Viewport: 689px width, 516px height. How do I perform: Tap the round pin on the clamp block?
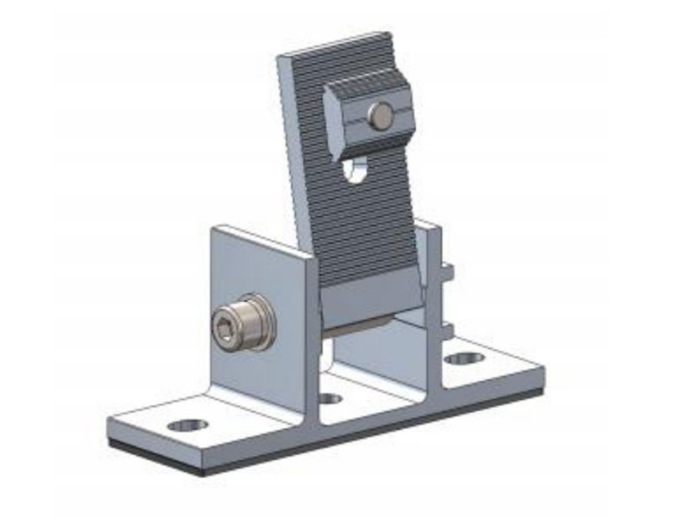click(378, 114)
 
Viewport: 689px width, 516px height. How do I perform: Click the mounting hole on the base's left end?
click(188, 425)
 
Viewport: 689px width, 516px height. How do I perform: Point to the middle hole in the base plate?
click(331, 398)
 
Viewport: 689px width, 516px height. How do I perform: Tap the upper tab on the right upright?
click(447, 273)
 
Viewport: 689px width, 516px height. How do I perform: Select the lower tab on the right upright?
click(447, 329)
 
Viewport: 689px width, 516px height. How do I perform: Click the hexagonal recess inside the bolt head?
click(227, 328)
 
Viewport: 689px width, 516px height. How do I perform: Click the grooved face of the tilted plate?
click(362, 215)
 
